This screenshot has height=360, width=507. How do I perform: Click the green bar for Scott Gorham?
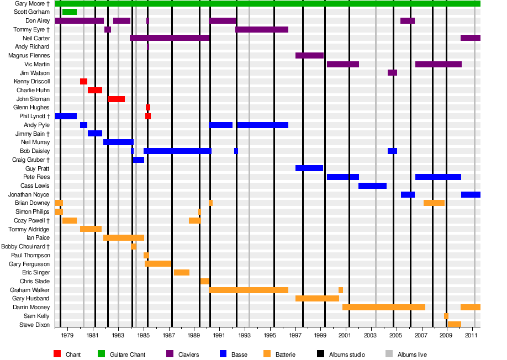pyautogui.click(x=69, y=12)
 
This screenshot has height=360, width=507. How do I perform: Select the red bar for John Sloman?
pyautogui.click(x=116, y=99)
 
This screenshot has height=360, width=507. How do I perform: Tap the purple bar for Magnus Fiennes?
pyautogui.click(x=309, y=56)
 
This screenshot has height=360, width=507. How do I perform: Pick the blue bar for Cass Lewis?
pyautogui.click(x=372, y=186)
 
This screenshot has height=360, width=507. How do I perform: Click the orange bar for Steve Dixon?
pyautogui.click(x=454, y=324)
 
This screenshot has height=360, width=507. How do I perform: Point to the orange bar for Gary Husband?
pyautogui.click(x=317, y=299)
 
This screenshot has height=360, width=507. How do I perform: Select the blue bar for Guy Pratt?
pyautogui.click(x=309, y=168)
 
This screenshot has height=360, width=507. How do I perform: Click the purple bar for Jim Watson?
pyautogui.click(x=392, y=73)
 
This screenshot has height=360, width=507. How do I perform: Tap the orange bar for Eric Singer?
pyautogui.click(x=182, y=272)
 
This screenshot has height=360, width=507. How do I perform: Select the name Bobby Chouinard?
pyautogui.click(x=25, y=246)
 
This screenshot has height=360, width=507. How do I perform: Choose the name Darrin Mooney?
pyautogui.click(x=31, y=307)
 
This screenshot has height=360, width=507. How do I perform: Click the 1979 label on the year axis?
pyautogui.click(x=67, y=335)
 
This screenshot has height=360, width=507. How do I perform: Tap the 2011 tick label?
pyautogui.click(x=471, y=335)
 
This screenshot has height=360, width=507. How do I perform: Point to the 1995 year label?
pyautogui.click(x=270, y=335)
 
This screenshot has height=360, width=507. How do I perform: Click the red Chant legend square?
pyautogui.click(x=57, y=354)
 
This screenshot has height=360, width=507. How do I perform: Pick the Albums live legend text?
pyautogui.click(x=412, y=354)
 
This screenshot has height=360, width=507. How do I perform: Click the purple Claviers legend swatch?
pyautogui.click(x=170, y=354)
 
